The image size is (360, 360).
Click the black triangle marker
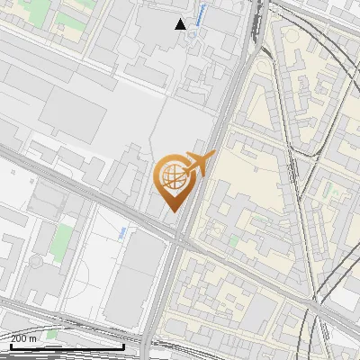[181, 23]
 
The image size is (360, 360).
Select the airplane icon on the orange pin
[197, 164]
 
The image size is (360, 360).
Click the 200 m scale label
[24, 338]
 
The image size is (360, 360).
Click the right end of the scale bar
[124, 346]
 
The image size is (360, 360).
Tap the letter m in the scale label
[33, 338]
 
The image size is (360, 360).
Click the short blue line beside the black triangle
[200, 13]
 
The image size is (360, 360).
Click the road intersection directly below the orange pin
[179, 241]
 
